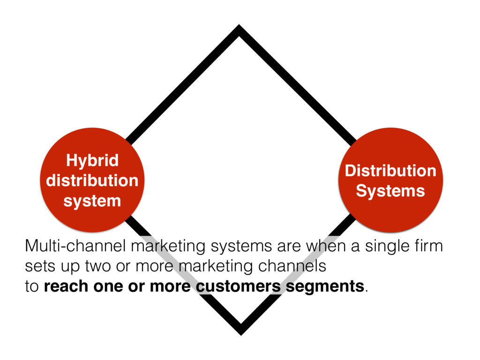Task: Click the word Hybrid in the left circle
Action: pyautogui.click(x=92, y=161)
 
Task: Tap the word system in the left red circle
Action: pyautogui.click(x=92, y=201)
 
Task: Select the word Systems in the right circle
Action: pyautogui.click(x=390, y=191)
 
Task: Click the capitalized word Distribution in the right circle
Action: pyautogui.click(x=390, y=171)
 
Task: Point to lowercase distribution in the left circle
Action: pyautogui.click(x=92, y=181)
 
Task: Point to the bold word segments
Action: pyautogui.click(x=325, y=286)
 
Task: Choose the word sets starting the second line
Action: pyautogui.click(x=38, y=266)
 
